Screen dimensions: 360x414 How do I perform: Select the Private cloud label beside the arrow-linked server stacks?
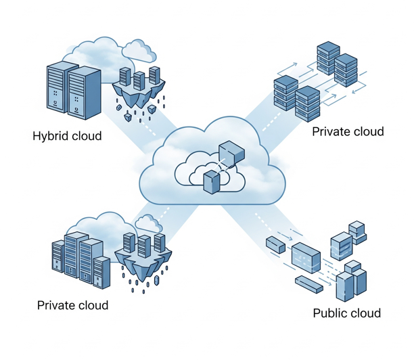pos(348,131)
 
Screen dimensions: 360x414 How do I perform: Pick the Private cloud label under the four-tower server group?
pos(72,305)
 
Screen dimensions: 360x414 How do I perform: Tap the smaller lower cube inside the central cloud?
pos(212,180)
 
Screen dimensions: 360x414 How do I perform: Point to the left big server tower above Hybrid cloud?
pos(58,87)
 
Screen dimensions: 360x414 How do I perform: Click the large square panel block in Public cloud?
pos(306,257)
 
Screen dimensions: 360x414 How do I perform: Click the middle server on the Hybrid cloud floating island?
pos(139,80)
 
